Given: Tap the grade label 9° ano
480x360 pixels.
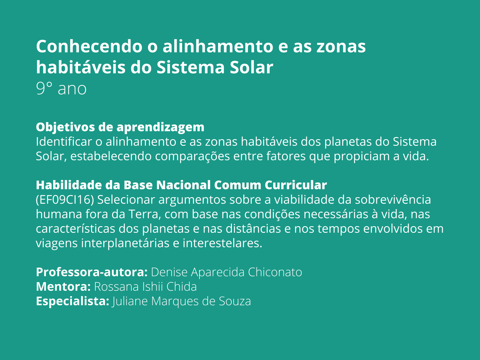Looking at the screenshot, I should [61, 88].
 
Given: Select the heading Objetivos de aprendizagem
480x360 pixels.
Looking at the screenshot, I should [120, 127].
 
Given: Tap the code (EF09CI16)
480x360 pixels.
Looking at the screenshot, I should [65, 200].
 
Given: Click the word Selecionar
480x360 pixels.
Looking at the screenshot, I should [126, 200].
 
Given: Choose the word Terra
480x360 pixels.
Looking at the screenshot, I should [144, 214].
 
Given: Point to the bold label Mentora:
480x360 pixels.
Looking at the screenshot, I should [63, 287].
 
